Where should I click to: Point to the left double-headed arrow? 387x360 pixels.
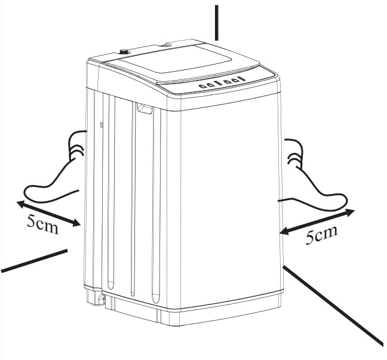coord(48,214)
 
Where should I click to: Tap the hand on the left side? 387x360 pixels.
coord(57,173)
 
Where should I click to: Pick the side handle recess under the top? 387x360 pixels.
coord(143,108)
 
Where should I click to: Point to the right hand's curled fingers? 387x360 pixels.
coord(294,153)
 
